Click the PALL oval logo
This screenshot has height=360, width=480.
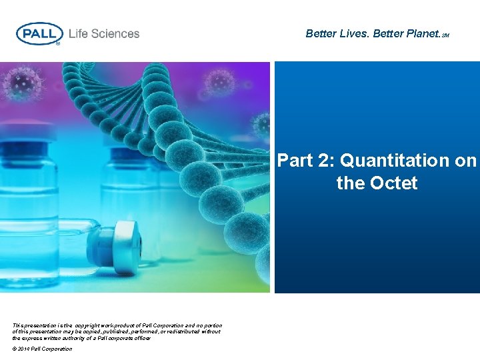click(x=39, y=33)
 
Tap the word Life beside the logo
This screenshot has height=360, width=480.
click(x=79, y=33)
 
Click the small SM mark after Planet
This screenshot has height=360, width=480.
click(x=445, y=35)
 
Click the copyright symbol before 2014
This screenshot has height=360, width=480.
click(x=15, y=349)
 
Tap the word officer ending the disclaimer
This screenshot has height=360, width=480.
click(x=141, y=338)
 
